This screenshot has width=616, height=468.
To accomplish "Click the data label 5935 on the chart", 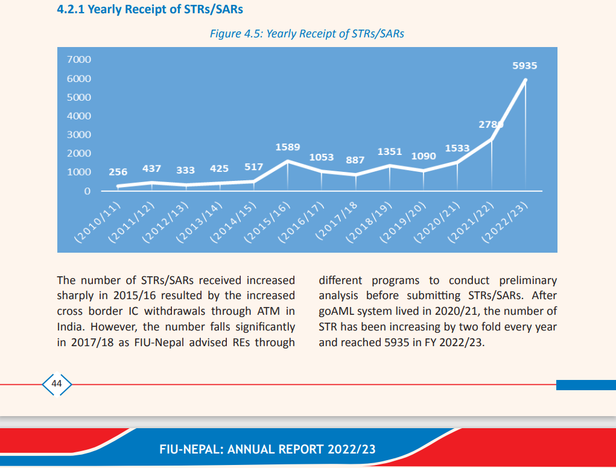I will pos(524,66).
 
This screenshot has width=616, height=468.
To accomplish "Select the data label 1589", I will pos(288,147).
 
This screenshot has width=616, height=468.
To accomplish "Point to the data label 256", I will pos(118,172).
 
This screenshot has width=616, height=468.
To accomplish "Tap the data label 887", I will pos(355,160).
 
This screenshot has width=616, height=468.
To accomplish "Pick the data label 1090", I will pos(423,156).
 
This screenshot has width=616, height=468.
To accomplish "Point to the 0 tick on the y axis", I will pos(87,191).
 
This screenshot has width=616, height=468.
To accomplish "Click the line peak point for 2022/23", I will pos(526,80).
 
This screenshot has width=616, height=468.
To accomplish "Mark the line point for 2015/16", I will pos(288,161).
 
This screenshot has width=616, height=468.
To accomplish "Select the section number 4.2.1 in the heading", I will pos(71,10).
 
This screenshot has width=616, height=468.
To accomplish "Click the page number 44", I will pos(57,384).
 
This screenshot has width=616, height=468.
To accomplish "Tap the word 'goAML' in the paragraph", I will pos(337,312).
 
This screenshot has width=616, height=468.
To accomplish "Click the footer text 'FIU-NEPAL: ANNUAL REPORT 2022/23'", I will pos(267,449).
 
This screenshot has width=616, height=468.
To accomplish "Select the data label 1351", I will pos(390,151).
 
